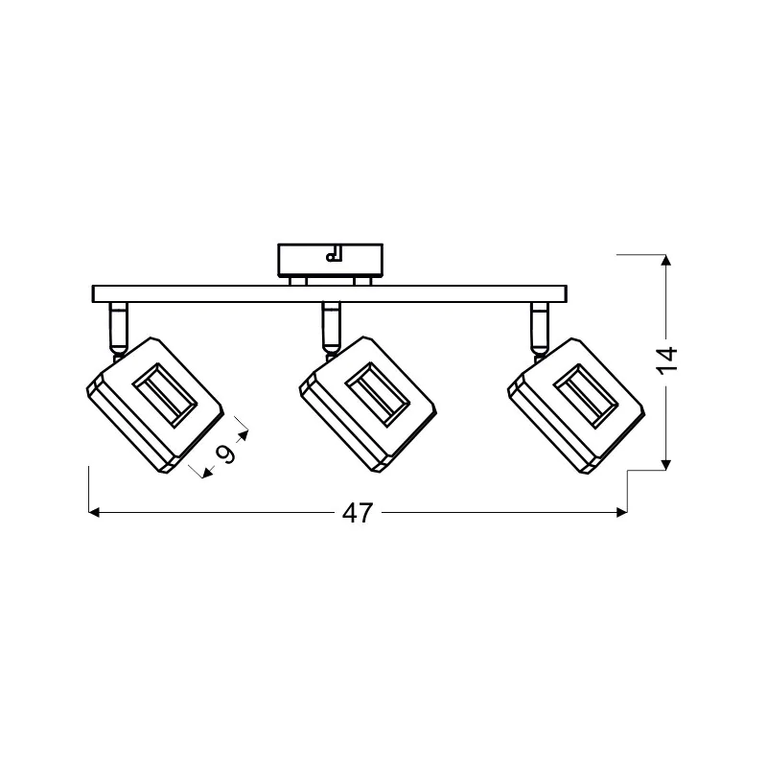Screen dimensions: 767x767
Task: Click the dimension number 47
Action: point(358,513)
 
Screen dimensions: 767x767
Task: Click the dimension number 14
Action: point(667,360)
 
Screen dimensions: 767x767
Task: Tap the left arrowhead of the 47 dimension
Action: point(94,513)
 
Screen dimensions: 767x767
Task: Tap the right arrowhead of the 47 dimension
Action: point(621,513)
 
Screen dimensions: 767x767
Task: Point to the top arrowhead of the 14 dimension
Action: point(665,260)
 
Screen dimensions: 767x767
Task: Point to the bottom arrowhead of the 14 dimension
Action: point(665,465)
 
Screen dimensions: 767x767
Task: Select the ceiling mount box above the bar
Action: point(330,261)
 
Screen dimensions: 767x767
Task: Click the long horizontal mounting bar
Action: point(330,293)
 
